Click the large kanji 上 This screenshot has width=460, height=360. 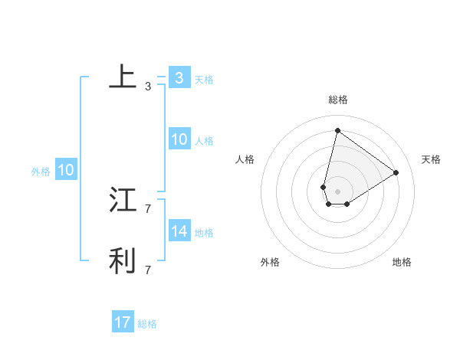click(x=123, y=77)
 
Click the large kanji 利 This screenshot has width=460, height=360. click(x=123, y=260)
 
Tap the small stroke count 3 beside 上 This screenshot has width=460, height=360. click(x=148, y=87)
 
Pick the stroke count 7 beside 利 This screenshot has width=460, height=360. click(x=148, y=270)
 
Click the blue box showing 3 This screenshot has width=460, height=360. click(x=179, y=78)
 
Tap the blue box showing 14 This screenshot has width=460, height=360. click(x=179, y=231)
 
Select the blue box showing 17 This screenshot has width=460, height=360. click(x=123, y=322)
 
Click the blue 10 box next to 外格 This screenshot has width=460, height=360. click(x=65, y=170)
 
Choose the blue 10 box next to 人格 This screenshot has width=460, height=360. click(x=179, y=139)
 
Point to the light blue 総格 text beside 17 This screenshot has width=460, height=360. click(x=147, y=324)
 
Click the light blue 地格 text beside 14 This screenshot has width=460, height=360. click(x=204, y=233)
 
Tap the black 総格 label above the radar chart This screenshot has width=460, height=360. click(x=337, y=100)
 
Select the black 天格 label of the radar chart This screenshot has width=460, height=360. click(x=431, y=159)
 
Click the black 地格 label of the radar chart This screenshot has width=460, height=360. click(x=402, y=262)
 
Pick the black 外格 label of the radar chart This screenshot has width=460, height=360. click(x=270, y=262)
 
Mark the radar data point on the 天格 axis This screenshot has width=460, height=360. click(x=396, y=172)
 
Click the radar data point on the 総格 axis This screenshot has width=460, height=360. click(x=337, y=130)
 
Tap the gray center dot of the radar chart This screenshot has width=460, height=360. click(x=337, y=191)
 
